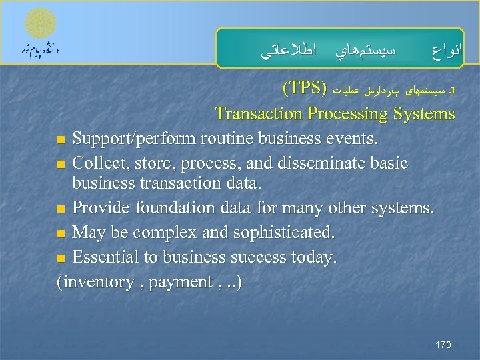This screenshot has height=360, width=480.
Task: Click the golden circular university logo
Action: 41,25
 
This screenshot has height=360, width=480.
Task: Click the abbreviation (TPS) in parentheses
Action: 304,89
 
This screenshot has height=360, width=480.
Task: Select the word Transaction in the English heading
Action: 259,114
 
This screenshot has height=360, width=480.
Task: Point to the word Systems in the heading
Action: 423,114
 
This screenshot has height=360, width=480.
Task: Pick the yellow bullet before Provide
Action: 61,210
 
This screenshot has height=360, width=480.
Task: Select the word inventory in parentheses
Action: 97,281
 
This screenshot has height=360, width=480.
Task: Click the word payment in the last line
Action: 181,282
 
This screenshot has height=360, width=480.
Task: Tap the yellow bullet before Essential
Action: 61,257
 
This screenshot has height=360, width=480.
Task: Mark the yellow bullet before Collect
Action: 61,164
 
